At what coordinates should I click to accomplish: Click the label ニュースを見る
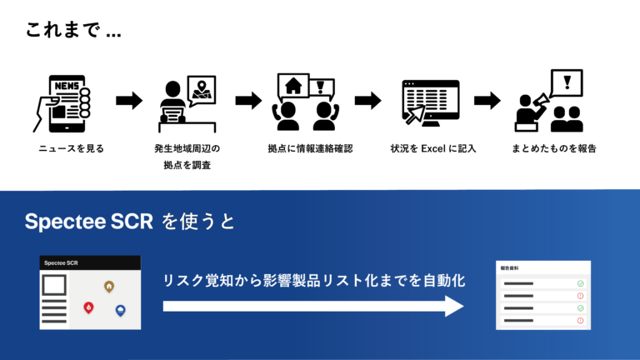70,148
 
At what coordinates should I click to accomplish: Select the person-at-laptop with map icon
187,104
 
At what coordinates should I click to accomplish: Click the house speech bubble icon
292,85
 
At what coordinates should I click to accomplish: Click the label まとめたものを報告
554,148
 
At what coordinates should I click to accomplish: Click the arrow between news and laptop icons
129,101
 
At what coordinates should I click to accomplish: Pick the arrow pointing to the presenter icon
487,101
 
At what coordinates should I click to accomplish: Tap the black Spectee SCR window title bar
90,262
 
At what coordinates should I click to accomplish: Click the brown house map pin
108,287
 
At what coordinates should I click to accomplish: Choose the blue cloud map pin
121,311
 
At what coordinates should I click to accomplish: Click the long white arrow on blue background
312,306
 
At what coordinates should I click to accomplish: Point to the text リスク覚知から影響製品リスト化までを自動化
313,281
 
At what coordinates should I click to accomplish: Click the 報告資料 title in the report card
510,268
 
